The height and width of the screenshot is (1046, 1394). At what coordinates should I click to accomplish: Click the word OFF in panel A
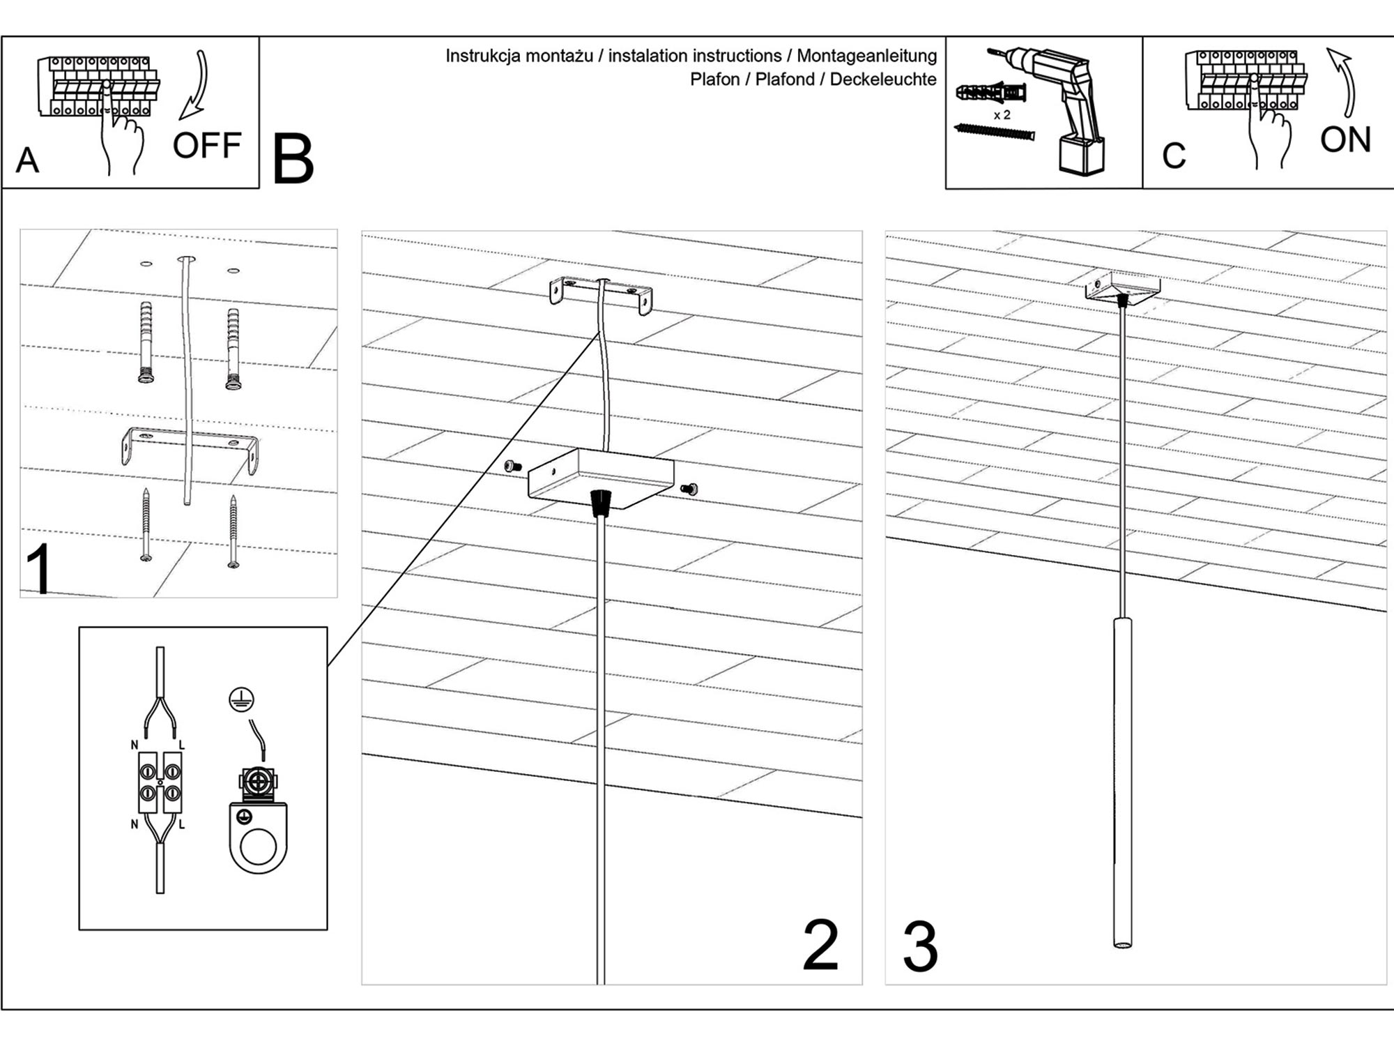click(206, 146)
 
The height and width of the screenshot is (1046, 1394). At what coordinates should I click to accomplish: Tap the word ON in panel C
click(1345, 139)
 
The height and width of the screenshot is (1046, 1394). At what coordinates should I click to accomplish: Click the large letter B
click(293, 160)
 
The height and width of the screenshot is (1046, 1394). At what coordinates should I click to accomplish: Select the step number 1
click(40, 569)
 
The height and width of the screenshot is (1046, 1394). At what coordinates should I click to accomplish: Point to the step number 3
click(921, 946)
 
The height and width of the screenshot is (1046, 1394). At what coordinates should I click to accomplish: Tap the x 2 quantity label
click(1002, 115)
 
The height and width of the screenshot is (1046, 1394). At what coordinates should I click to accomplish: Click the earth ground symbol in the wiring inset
click(241, 699)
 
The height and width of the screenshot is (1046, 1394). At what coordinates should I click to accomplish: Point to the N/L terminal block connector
click(160, 782)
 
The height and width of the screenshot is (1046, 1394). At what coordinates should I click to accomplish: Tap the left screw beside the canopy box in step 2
click(514, 466)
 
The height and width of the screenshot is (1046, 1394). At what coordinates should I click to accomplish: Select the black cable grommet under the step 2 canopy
click(600, 502)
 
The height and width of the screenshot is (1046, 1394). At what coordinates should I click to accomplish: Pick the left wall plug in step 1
click(146, 342)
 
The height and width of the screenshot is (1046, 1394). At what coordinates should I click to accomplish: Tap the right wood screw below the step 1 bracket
click(233, 530)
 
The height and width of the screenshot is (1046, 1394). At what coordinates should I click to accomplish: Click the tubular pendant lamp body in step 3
click(1122, 781)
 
